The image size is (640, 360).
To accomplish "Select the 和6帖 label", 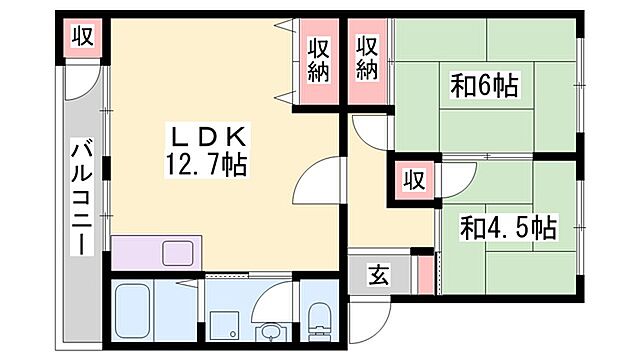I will coord(484,86).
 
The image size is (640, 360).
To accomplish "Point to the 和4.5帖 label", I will coord(508,227).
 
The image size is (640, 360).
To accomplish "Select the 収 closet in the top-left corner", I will coord(82,38).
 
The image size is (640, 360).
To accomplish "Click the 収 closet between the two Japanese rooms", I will coord(411,180).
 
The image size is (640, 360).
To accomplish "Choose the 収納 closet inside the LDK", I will coord(318,60).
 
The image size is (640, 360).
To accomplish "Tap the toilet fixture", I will coord(320,320).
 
